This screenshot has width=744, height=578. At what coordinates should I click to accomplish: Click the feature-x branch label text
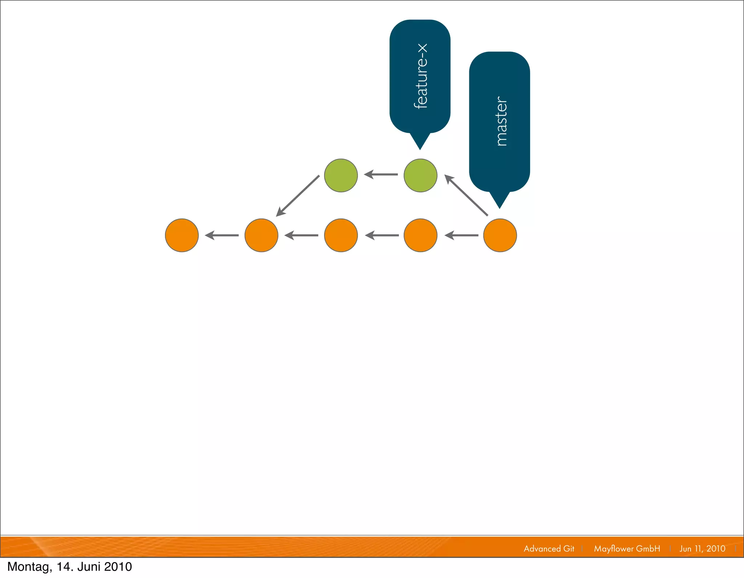click(x=421, y=76)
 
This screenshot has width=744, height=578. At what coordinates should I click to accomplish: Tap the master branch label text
click(x=501, y=121)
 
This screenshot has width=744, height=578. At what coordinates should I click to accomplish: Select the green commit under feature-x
click(x=420, y=175)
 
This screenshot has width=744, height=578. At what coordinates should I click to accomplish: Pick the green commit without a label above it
click(x=341, y=175)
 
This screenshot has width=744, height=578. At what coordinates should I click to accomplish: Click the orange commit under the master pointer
click(x=500, y=235)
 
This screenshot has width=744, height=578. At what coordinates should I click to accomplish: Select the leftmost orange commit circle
click(x=182, y=235)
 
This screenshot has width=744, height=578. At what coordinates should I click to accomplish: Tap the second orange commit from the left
click(x=261, y=235)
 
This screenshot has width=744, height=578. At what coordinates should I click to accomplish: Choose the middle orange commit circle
click(x=341, y=235)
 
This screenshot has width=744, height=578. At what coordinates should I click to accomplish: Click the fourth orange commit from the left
click(x=420, y=235)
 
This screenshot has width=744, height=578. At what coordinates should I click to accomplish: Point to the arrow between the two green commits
click(x=381, y=175)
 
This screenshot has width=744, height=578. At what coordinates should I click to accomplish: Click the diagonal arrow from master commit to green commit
click(x=466, y=195)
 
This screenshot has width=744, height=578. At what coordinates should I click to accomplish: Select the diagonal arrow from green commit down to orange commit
click(x=298, y=196)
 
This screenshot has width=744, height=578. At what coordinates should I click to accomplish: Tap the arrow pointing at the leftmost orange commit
click(x=222, y=235)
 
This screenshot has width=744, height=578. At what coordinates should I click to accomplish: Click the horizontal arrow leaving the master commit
click(x=461, y=235)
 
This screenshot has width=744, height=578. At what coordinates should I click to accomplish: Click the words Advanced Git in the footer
click(x=549, y=549)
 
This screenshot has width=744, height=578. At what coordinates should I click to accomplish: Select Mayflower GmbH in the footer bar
click(x=627, y=549)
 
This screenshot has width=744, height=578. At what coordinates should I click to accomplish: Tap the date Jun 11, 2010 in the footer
click(x=702, y=549)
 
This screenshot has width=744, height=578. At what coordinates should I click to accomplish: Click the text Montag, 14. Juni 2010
click(x=70, y=567)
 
